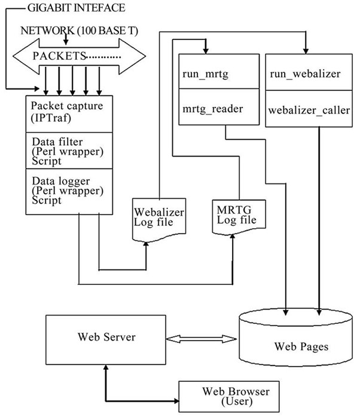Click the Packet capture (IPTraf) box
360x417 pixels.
coord(69,114)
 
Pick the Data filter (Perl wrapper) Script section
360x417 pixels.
coord(69,152)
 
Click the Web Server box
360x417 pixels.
coord(106,337)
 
